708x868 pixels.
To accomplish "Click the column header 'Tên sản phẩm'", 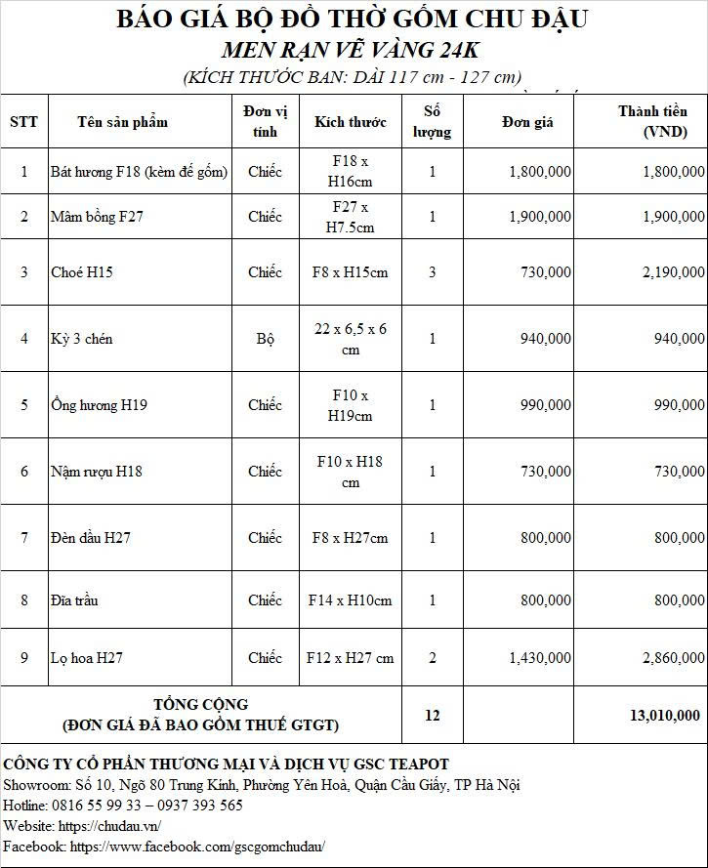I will pyautogui.click(x=122, y=121).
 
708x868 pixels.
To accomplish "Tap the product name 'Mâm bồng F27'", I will pyautogui.click(x=97, y=217).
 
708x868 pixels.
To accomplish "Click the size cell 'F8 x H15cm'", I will pyautogui.click(x=350, y=272).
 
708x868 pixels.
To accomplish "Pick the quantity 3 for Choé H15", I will pyautogui.click(x=433, y=272).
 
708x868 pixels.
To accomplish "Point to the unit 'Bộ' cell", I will pyautogui.click(x=265, y=339).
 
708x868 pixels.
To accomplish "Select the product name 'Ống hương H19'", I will pyautogui.click(x=99, y=405).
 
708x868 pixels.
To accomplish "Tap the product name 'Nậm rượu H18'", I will pyautogui.click(x=97, y=472).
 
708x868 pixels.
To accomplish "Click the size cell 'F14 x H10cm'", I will pyautogui.click(x=350, y=600).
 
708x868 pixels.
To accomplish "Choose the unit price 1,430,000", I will pyautogui.click(x=540, y=658).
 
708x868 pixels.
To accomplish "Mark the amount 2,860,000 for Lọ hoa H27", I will pyautogui.click(x=673, y=658).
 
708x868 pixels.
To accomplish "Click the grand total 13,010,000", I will pyautogui.click(x=664, y=716).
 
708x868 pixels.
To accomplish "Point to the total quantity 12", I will pyautogui.click(x=433, y=716).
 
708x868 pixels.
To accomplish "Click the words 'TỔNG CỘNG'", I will pyautogui.click(x=201, y=704).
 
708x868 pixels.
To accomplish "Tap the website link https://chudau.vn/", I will pyautogui.click(x=108, y=826).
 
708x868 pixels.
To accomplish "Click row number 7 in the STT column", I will pyautogui.click(x=24, y=538).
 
